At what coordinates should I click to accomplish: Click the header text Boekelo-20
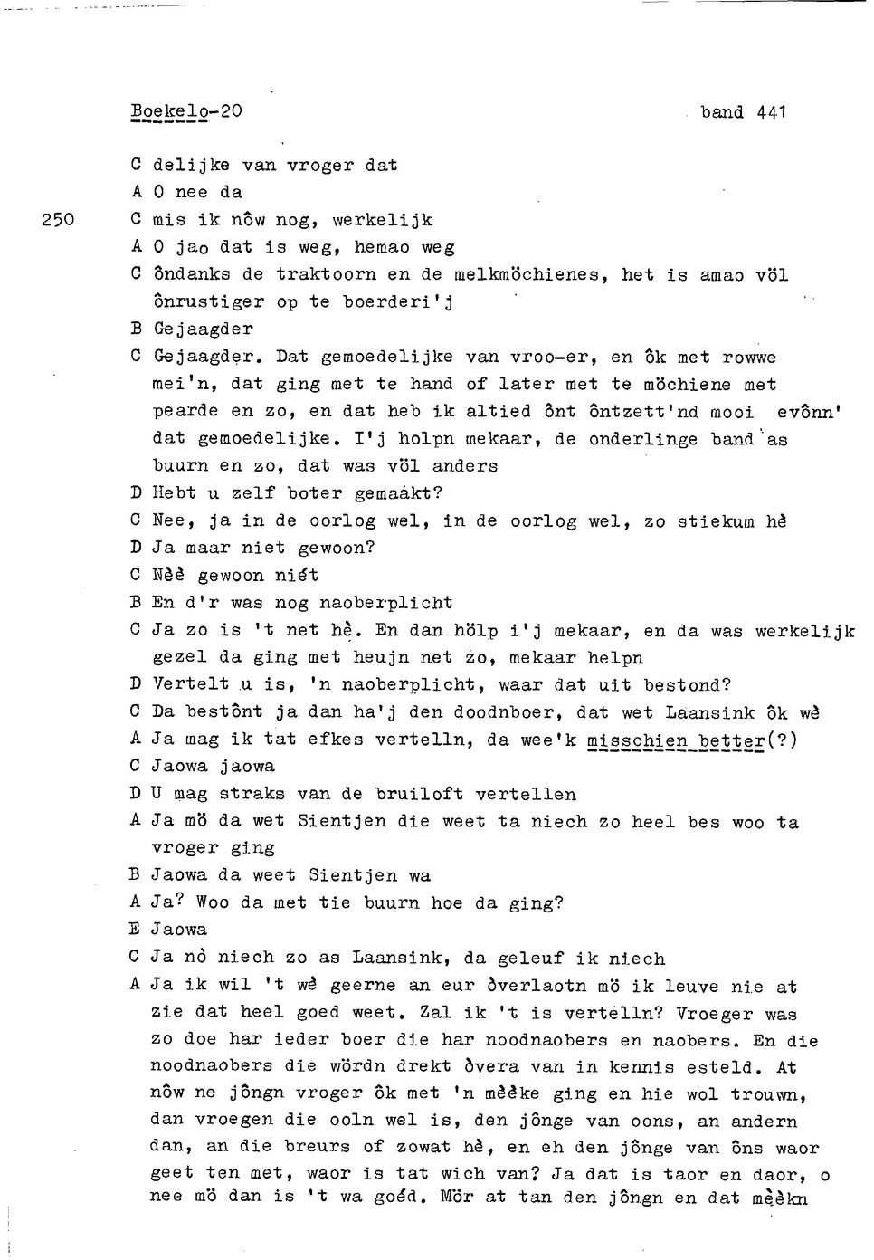[x=185, y=111]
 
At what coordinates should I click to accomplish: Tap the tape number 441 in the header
[x=772, y=112]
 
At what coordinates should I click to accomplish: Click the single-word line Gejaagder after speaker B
[x=203, y=329]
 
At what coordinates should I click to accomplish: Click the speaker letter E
[x=136, y=930]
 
